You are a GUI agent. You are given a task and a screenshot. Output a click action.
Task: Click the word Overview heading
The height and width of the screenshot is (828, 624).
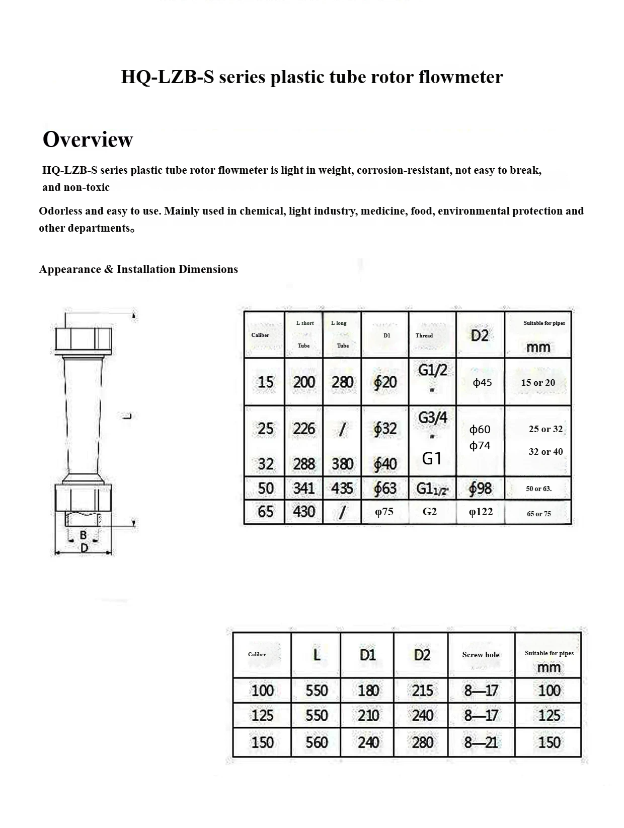(88, 140)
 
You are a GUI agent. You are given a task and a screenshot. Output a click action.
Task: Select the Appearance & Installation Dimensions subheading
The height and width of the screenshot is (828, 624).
(138, 269)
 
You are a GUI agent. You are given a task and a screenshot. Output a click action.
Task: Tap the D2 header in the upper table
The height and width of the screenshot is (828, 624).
(480, 335)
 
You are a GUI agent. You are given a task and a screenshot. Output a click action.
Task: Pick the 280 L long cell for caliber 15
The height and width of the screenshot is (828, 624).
(342, 382)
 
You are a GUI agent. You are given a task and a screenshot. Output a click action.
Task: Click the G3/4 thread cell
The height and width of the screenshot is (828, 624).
(432, 418)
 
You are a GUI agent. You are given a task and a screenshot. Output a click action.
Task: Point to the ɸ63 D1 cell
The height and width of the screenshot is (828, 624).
(385, 488)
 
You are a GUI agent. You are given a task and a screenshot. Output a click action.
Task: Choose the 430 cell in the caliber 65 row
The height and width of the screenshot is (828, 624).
(304, 512)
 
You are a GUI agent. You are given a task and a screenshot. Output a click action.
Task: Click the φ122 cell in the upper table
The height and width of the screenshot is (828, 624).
(480, 512)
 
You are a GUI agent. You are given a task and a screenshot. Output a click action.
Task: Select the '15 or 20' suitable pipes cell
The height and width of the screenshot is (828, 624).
(538, 383)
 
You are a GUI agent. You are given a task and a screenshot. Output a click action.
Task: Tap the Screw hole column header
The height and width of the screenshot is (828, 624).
(481, 655)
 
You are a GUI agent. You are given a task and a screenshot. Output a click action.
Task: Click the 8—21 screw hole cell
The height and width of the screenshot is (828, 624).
(481, 742)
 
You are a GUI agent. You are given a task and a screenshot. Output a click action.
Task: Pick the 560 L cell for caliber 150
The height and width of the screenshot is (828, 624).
(317, 742)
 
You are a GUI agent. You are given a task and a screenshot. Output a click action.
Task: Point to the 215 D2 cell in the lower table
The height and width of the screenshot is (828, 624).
(422, 691)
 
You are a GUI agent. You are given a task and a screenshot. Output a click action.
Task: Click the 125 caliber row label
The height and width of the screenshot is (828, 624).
(262, 716)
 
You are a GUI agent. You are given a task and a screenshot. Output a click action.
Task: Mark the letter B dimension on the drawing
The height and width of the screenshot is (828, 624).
(84, 535)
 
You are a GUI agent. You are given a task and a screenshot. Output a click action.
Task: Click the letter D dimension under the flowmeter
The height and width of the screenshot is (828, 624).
(84, 547)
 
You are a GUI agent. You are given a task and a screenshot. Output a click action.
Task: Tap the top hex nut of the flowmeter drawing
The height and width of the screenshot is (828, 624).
(83, 340)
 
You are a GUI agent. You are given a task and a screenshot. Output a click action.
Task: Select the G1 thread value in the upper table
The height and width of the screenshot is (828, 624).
(432, 458)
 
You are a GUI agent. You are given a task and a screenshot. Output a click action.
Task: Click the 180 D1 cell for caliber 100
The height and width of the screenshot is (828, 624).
(368, 691)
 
